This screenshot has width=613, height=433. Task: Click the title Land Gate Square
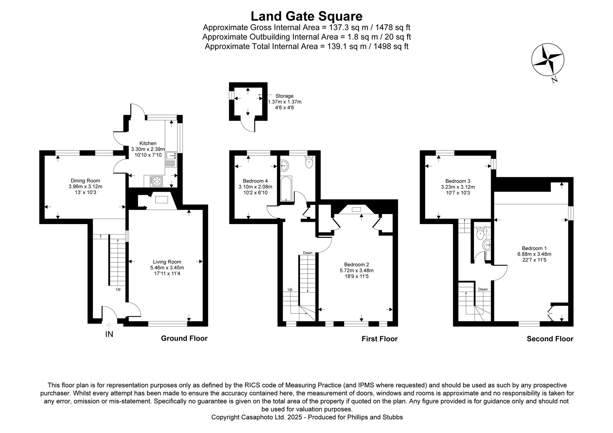(306, 16)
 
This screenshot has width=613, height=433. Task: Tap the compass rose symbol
(548, 60)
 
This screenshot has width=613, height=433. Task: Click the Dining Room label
(85, 181)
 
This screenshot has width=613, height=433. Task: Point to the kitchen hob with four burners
(156, 181)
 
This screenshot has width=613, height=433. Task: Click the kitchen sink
(172, 159)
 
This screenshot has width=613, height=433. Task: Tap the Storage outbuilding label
(284, 96)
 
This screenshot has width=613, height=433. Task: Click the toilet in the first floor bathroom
(309, 162)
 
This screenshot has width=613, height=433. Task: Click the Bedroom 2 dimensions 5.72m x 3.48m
(356, 270)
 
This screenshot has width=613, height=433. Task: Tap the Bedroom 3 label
(458, 181)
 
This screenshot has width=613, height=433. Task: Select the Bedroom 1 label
(534, 248)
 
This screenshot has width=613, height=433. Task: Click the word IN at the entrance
(109, 334)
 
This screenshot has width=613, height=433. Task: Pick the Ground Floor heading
(184, 338)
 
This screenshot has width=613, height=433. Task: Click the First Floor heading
(380, 339)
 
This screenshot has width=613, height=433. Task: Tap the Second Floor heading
(550, 339)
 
